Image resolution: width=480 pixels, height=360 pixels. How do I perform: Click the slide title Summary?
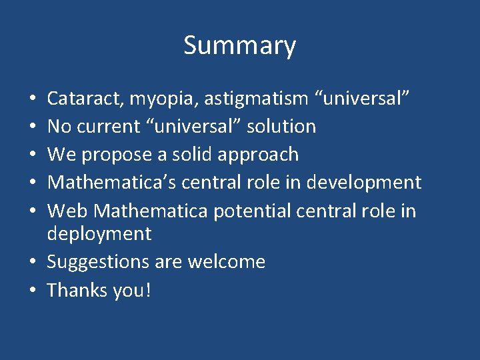239,46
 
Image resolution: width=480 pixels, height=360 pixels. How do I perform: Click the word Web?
67,211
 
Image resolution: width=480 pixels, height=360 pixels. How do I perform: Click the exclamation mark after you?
147,291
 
